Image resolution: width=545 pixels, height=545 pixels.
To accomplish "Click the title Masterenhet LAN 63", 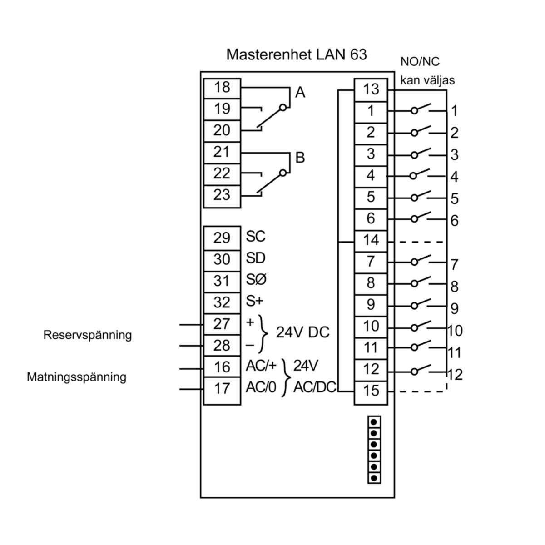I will (x=296, y=54).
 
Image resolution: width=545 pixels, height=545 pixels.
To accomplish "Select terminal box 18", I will (x=222, y=87).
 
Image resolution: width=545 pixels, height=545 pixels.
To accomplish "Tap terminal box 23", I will (x=222, y=195).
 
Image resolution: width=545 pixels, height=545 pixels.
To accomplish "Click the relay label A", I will (x=300, y=93).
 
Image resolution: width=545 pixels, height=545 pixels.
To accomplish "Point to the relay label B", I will (x=300, y=158).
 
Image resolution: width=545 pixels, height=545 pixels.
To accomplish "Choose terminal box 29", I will (x=222, y=238).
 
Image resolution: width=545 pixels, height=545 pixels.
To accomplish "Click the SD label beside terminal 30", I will (x=256, y=258).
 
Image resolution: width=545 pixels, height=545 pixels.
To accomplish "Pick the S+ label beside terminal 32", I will (x=255, y=302).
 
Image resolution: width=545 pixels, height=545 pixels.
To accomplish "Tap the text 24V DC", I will (x=302, y=333).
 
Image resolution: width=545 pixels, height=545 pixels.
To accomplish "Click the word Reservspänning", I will (x=88, y=335).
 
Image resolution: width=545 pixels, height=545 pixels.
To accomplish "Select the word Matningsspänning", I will (x=76, y=377).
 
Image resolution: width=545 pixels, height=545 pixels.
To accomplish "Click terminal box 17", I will (x=222, y=389).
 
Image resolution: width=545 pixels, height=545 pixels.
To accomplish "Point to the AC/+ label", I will (x=261, y=366).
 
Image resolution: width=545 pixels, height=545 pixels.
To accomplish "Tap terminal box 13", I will (x=371, y=89).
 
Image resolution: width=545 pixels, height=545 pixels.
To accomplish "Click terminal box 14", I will (x=371, y=240).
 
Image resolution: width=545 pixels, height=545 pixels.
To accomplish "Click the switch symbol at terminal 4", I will (x=420, y=175).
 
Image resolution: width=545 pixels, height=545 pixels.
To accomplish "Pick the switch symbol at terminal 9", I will (x=420, y=305).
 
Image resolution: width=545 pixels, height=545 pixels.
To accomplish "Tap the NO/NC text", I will (x=420, y=62).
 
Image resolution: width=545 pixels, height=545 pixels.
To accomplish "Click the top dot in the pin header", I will (x=374, y=422).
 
